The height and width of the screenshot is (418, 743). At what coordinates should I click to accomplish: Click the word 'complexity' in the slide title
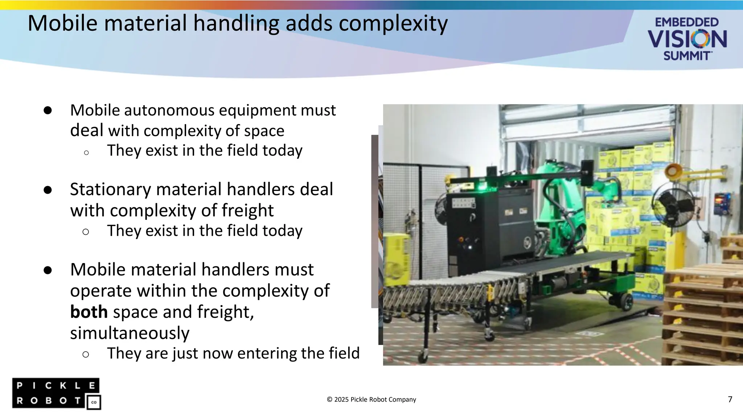click(393, 24)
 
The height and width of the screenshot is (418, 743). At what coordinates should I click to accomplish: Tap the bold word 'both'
click(89, 312)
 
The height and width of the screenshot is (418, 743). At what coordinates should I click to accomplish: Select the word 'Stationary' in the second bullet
click(110, 189)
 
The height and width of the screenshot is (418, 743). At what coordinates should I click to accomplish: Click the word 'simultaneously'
click(130, 333)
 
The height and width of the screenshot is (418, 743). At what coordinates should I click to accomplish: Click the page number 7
click(730, 399)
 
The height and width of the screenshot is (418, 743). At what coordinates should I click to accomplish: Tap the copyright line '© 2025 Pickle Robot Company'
click(371, 399)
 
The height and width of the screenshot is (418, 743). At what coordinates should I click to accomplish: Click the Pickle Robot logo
click(56, 394)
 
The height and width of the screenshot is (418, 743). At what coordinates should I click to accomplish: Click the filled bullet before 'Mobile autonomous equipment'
click(48, 110)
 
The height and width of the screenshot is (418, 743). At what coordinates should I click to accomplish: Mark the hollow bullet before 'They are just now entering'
click(86, 354)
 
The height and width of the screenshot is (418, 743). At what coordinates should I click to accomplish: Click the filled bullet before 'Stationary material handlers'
click(48, 190)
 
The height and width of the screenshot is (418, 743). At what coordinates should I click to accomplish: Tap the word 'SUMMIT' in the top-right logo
click(686, 56)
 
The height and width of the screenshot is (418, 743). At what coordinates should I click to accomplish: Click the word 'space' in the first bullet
click(264, 131)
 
